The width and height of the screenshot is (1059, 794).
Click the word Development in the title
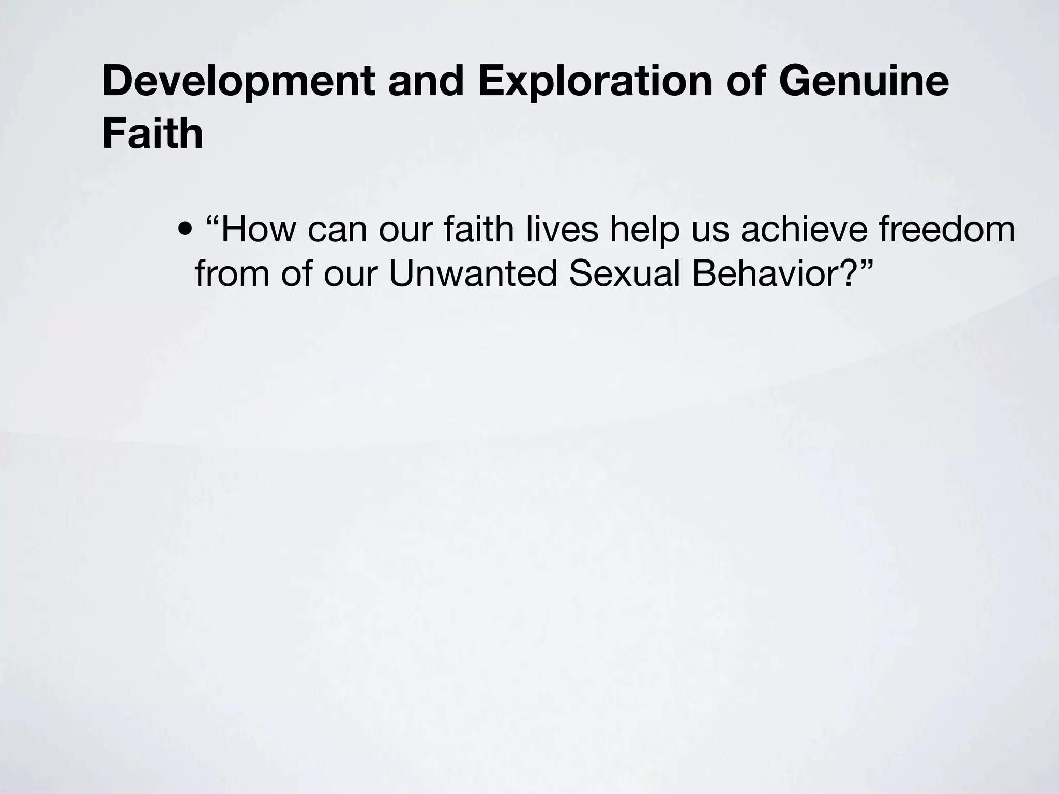tap(238, 81)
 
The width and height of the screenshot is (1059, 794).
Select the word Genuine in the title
tap(863, 81)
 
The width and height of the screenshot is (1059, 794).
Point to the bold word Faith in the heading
tap(153, 134)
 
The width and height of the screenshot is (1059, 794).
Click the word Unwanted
tap(473, 273)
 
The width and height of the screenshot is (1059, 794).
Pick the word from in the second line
tap(232, 273)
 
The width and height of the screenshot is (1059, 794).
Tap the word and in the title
tap(426, 81)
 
